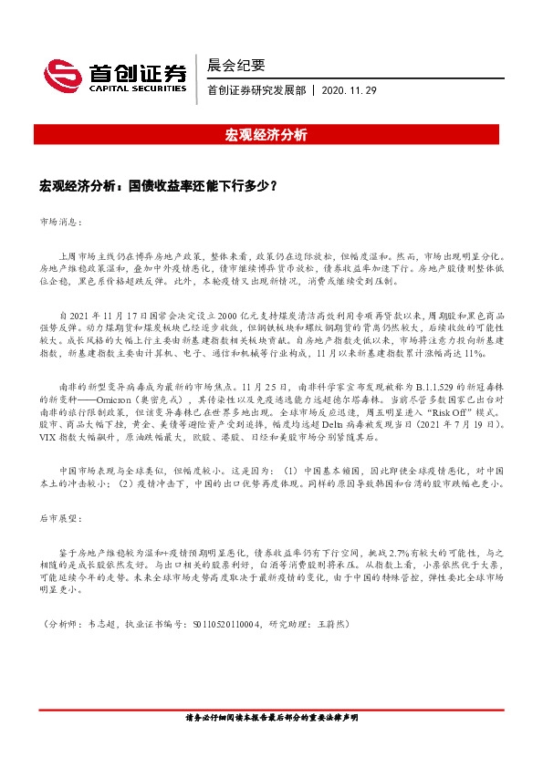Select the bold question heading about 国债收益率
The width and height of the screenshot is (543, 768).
click(158, 184)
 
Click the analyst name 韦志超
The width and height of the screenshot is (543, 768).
click(97, 625)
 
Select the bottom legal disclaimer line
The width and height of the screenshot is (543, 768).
click(271, 742)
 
